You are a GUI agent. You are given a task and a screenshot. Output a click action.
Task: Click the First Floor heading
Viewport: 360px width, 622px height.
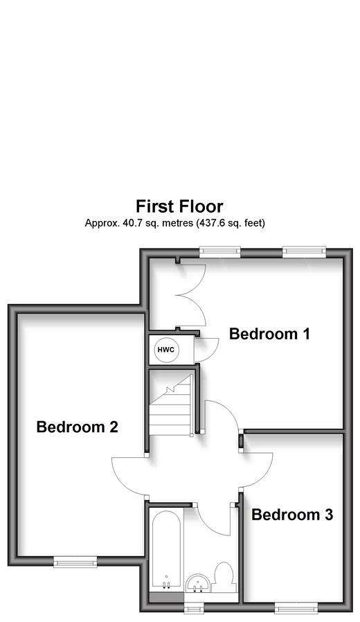(x=179, y=206)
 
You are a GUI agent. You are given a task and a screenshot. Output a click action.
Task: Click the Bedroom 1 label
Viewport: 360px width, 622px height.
(x=269, y=334)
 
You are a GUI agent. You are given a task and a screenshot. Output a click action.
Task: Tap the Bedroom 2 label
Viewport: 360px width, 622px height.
(x=78, y=427)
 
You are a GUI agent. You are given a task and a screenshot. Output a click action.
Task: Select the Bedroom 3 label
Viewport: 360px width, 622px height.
(x=292, y=515)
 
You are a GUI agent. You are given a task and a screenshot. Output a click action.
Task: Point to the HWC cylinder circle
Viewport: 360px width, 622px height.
(x=166, y=350)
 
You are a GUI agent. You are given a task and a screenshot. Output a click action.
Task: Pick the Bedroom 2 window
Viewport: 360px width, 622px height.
(x=75, y=561)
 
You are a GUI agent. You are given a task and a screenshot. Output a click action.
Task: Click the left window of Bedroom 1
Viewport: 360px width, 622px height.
(x=220, y=251)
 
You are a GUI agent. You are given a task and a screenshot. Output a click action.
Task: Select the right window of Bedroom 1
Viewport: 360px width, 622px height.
(x=304, y=251)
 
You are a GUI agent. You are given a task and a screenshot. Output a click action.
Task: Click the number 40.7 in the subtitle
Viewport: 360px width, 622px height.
(x=129, y=223)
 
